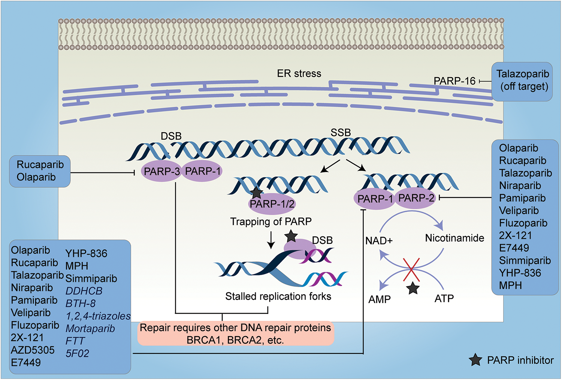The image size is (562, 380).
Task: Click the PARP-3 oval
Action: (161, 171)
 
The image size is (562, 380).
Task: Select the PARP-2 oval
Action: (416, 198)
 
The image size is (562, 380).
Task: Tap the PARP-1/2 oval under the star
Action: (272, 204)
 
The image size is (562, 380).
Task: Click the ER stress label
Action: (299, 73)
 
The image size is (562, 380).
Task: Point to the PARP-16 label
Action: (454, 81)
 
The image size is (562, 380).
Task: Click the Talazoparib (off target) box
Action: (522, 82)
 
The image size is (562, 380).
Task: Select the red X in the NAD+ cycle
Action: (411, 269)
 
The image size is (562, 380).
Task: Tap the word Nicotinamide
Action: (454, 238)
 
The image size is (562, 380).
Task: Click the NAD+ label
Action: (379, 241)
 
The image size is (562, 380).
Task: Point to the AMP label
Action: (379, 299)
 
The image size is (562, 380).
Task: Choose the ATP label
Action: (444, 298)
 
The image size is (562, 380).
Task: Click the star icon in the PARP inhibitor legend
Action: (475, 360)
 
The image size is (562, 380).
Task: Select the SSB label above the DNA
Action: (341, 133)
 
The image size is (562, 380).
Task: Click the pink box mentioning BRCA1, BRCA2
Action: (236, 333)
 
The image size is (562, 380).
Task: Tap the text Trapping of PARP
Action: (271, 221)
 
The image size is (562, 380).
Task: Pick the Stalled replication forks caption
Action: (278, 296)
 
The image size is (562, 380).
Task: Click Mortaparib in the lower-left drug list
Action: (90, 329)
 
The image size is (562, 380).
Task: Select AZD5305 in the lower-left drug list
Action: (33, 350)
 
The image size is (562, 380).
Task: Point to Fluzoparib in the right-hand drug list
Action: (523, 223)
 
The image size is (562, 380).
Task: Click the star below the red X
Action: (413, 289)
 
